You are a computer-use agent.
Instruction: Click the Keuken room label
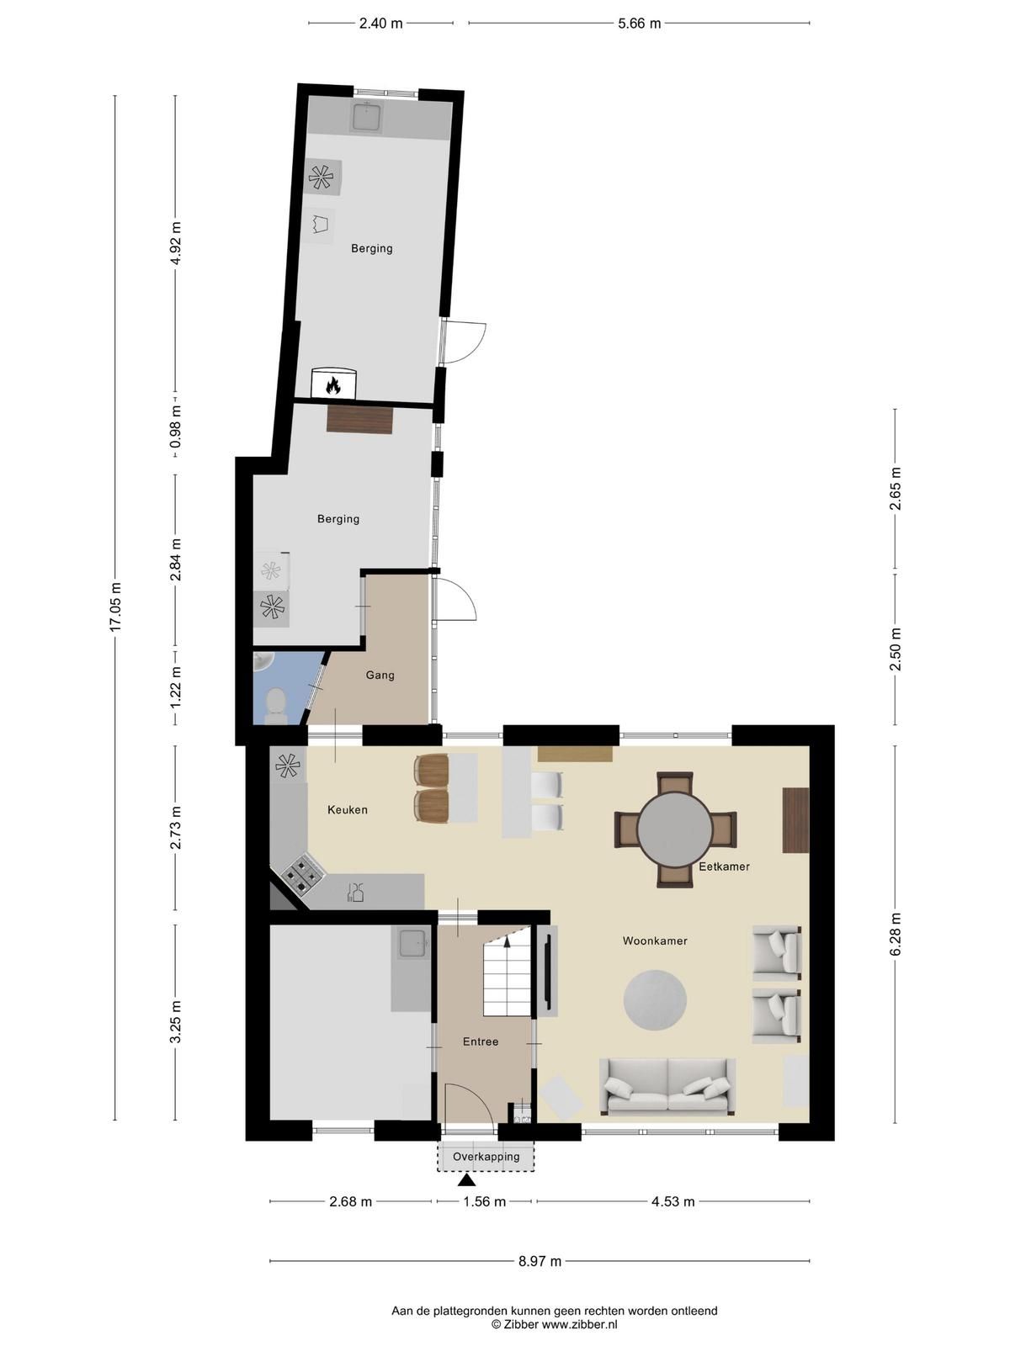347,809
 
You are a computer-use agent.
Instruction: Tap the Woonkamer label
655,941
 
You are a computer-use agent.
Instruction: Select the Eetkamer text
724,866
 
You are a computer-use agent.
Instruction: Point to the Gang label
380,676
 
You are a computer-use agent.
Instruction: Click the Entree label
480,1041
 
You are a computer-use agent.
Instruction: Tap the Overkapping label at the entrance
486,1157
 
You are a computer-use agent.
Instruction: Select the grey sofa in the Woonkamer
667,1086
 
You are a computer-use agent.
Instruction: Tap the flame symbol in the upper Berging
333,385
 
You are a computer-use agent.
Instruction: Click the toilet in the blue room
275,705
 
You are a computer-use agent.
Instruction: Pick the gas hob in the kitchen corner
301,873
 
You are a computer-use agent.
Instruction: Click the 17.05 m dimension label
116,607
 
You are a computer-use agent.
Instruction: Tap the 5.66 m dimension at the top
639,24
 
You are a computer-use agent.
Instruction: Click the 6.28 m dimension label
896,934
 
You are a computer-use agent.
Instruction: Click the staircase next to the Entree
507,974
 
